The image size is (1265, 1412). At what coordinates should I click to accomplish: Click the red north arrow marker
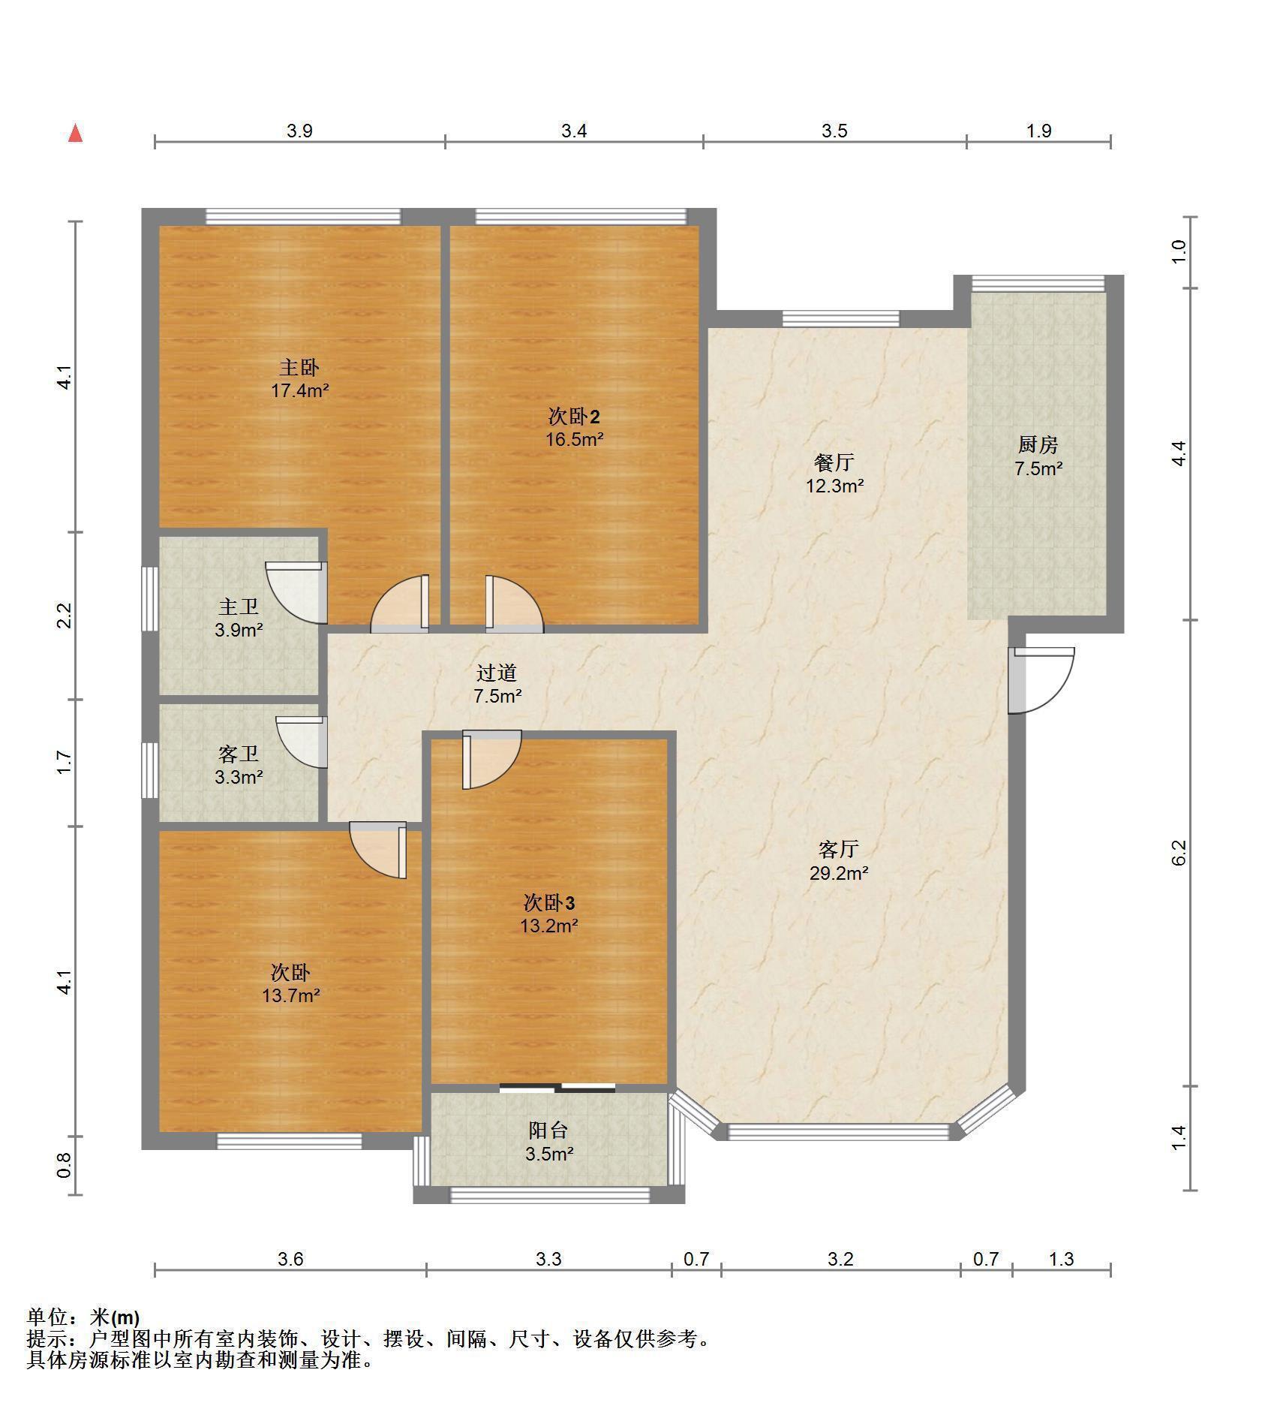pos(75,134)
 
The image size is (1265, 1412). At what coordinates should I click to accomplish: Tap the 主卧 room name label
pos(299,367)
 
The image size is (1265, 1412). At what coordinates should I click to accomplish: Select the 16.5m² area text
pos(574,439)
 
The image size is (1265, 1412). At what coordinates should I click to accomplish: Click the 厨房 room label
pos(1038,445)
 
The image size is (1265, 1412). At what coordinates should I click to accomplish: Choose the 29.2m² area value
pos(838,873)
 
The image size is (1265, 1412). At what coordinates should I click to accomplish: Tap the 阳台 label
pos(548,1130)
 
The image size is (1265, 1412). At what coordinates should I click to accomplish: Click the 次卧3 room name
pos(549,902)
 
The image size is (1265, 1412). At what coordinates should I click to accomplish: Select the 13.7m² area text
pos(290,996)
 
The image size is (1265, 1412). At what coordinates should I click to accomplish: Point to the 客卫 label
pos(239,754)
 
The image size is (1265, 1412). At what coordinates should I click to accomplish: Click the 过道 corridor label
pos(497,673)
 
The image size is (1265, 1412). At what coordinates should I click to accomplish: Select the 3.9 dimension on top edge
pos(299,131)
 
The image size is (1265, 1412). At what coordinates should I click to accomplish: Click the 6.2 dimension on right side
pos(1179,852)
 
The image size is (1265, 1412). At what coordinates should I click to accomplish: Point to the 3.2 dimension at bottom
pos(840,1259)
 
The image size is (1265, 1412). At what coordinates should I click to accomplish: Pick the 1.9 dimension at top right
pos(1038,131)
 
